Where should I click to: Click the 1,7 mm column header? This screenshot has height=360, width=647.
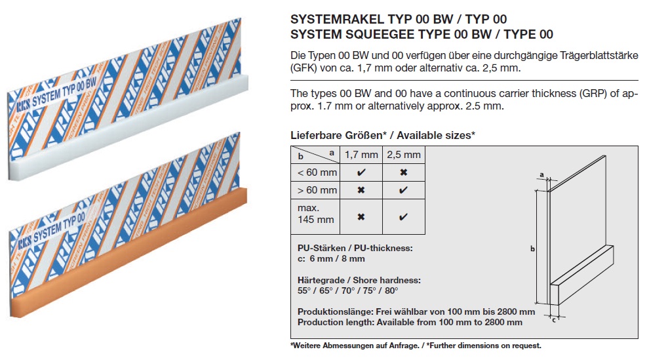pyautogui.click(x=361, y=155)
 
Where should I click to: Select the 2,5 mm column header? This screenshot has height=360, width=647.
pyautogui.click(x=404, y=155)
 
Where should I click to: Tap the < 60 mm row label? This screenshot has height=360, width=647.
pyautogui.click(x=317, y=172)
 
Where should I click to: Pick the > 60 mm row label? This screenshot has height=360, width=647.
pyautogui.click(x=317, y=190)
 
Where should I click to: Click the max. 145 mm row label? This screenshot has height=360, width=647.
pyautogui.click(x=316, y=214)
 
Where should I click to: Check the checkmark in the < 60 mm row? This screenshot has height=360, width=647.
pyautogui.click(x=361, y=172)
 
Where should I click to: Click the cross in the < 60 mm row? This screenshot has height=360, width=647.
pyautogui.click(x=404, y=172)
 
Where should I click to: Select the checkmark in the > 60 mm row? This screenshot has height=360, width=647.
pyautogui.click(x=404, y=190)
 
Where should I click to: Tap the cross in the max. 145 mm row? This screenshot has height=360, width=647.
pyautogui.click(x=361, y=217)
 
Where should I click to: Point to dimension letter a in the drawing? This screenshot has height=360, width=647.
pyautogui.click(x=541, y=175)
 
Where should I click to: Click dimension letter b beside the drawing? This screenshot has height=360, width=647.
pyautogui.click(x=532, y=249)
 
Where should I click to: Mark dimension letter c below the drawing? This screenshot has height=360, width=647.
pyautogui.click(x=554, y=319)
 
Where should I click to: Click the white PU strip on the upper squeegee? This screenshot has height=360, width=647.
pyautogui.click(x=128, y=127)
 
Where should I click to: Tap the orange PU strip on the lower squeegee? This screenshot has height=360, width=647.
pyautogui.click(x=128, y=252)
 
